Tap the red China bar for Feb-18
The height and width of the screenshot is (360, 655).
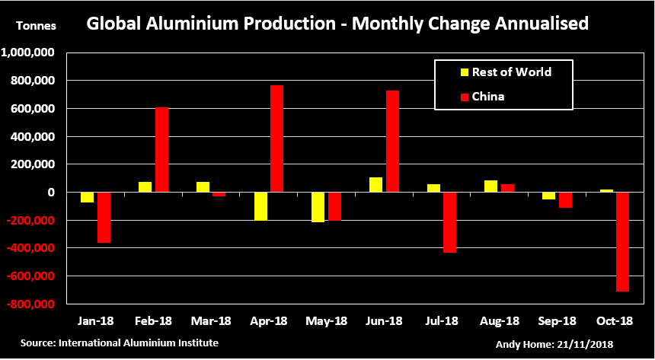pos(161,150)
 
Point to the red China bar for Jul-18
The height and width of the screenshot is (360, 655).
pos(449,222)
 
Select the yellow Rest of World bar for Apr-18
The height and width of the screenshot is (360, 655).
pos(260,206)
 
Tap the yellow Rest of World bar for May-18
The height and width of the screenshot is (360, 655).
pos(318,207)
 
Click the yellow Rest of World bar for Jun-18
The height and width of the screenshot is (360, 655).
pos(375,185)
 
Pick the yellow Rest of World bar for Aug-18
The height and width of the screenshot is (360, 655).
pos(491,186)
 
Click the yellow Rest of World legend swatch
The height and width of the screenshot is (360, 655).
pos(464,73)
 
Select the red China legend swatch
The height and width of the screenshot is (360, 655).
pos(464,97)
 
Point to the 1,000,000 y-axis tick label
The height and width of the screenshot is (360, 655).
pos(31,53)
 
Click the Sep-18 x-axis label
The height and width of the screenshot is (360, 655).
pos(557,321)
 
